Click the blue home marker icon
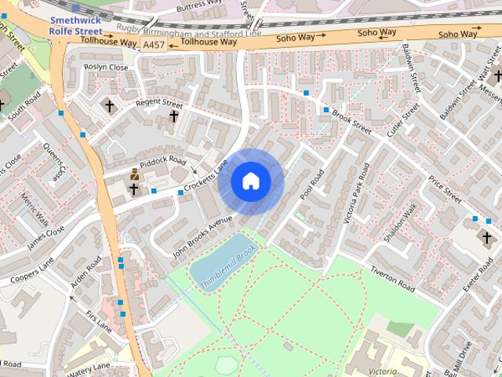250,181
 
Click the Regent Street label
158,103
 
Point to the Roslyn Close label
106,68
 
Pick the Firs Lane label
99,320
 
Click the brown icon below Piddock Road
134,175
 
